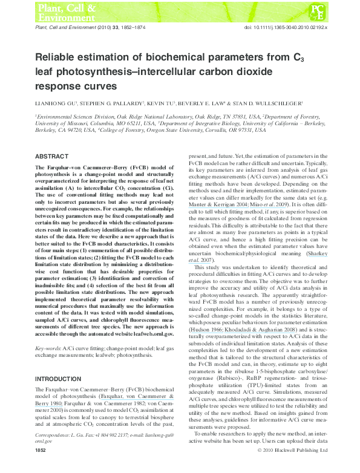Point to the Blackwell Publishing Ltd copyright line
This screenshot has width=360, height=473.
[x=292, y=468]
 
